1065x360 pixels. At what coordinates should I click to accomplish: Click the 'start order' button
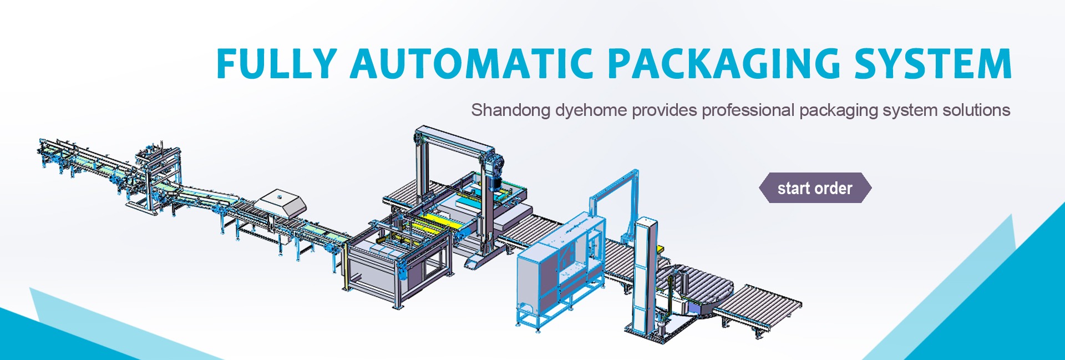click(815, 188)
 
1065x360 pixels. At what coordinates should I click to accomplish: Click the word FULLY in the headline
click(276, 64)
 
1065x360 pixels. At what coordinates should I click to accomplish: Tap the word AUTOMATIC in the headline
click(472, 64)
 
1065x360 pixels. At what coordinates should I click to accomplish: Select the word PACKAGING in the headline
click(724, 64)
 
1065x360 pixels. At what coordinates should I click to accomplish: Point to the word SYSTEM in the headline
click(933, 64)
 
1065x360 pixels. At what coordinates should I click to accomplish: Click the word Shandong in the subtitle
click(510, 110)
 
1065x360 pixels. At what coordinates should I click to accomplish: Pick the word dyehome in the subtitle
click(591, 110)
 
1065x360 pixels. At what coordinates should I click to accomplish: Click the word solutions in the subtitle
click(976, 110)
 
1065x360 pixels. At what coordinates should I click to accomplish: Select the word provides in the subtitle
click(664, 110)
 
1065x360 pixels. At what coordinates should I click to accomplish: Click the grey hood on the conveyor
click(283, 202)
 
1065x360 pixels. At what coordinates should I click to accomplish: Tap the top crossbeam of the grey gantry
click(455, 139)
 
